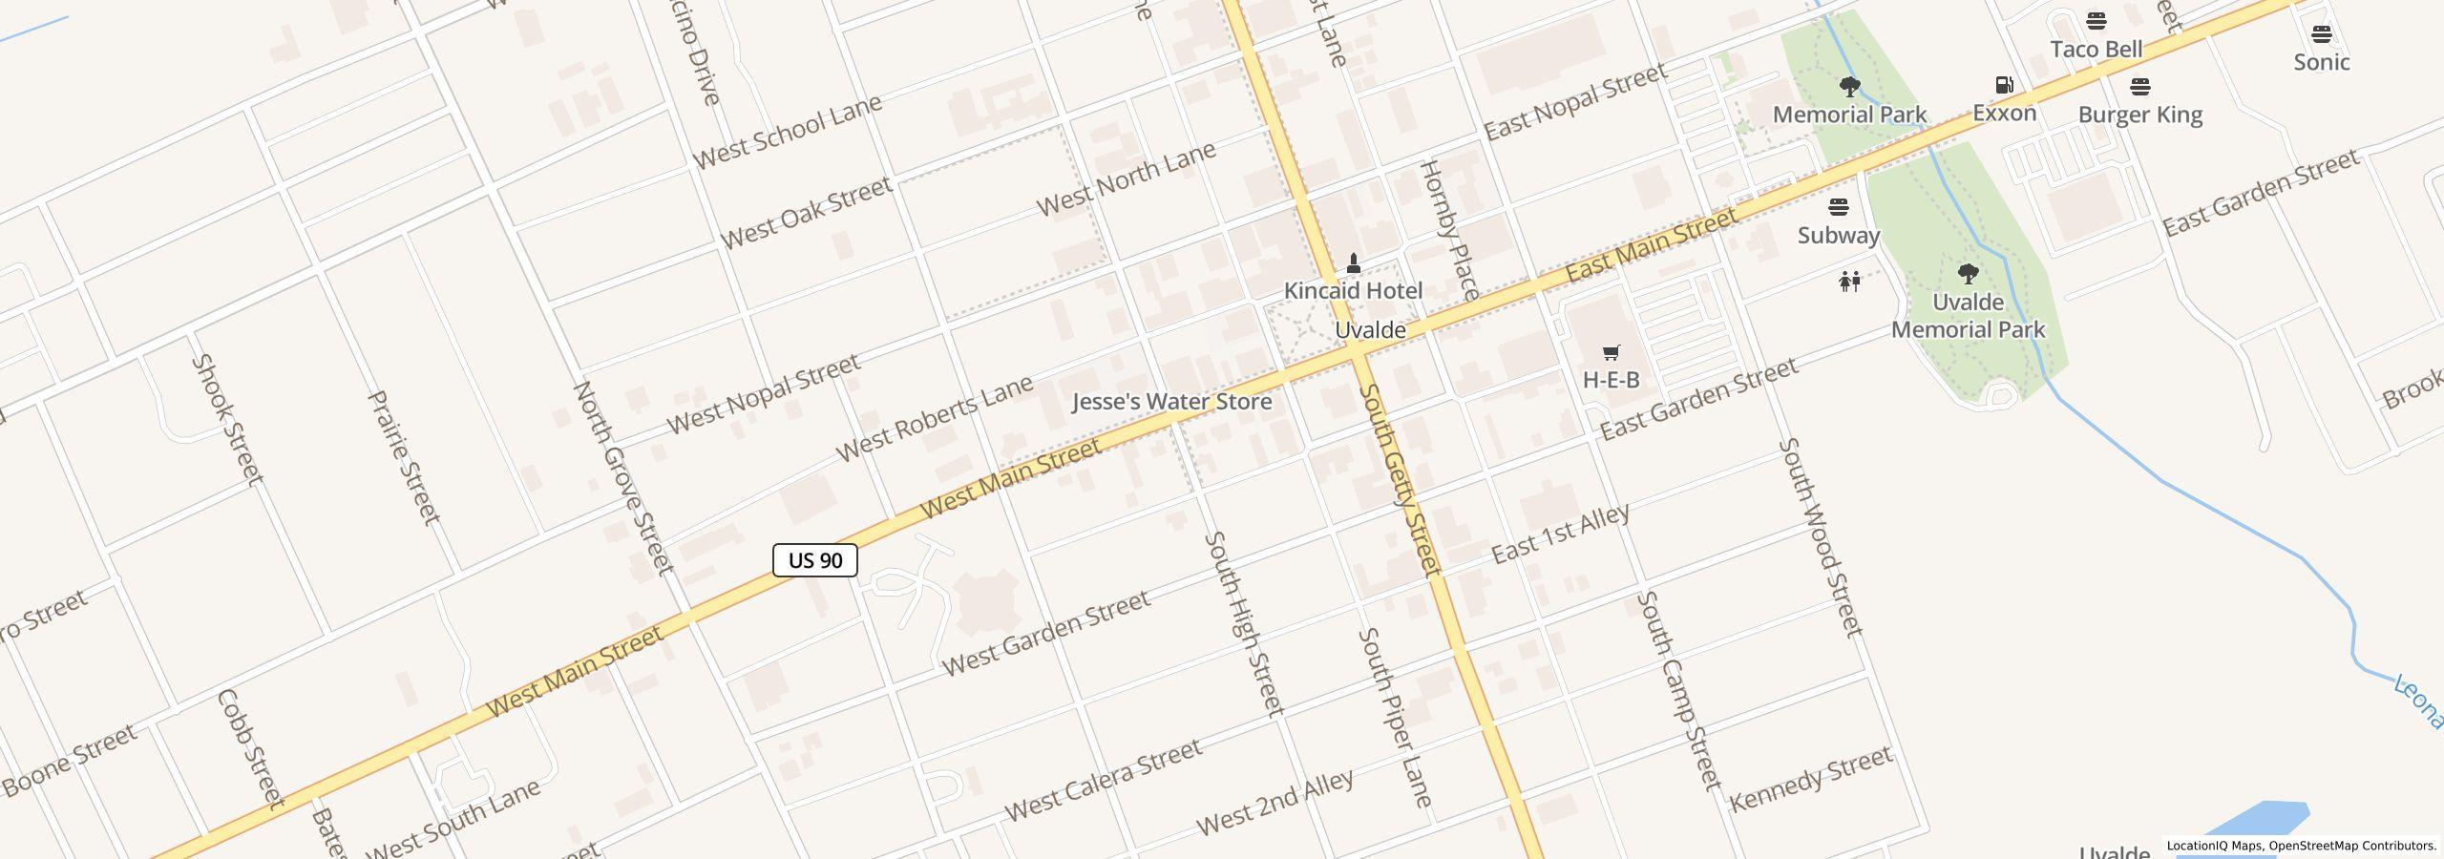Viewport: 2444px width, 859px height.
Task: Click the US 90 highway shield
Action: coord(814,560)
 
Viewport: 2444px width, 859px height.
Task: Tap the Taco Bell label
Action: coord(2096,50)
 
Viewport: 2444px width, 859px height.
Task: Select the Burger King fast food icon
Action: coord(2140,87)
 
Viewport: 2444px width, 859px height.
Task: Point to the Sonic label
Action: coord(2321,62)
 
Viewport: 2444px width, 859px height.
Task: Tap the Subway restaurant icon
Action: coord(1838,207)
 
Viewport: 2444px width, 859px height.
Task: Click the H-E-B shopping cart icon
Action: coord(1611,353)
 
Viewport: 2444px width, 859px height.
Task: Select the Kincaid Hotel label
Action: coord(1353,291)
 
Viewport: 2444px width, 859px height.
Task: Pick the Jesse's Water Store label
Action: coord(1171,402)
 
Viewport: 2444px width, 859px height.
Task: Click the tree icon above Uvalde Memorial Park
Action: coord(1968,275)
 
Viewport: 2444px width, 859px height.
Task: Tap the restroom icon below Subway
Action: coord(1849,282)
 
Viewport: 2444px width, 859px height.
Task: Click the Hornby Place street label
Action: coord(1449,230)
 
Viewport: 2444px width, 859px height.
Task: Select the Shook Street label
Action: coord(226,419)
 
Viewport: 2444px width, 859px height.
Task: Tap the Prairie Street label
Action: coord(404,456)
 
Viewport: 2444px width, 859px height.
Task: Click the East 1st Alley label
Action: coord(1560,534)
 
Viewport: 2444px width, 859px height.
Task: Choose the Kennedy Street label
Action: coord(1810,779)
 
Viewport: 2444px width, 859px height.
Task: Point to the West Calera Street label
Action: coord(1103,780)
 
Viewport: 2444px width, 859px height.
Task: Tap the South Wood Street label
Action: coord(1822,537)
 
